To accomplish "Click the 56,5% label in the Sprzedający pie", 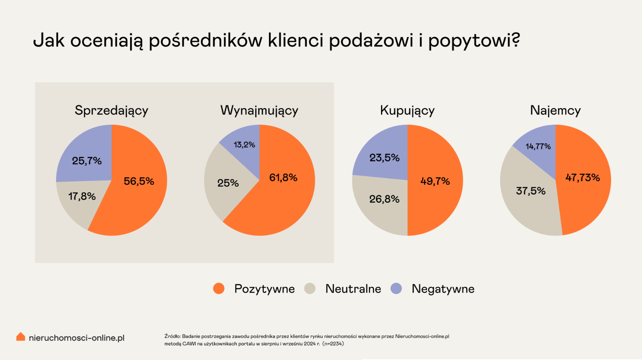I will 139,181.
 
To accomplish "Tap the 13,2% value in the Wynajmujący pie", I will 244,145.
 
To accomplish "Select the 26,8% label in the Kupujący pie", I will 384,199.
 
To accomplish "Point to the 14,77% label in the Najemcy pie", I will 538,146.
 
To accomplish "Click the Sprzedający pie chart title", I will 111,110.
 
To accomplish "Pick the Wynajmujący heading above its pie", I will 259,110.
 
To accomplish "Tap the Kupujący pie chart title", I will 407,110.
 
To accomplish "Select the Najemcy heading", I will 555,110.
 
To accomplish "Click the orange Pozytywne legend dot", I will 219,289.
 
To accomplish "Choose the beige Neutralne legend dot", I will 310,289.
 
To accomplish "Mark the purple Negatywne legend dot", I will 396,289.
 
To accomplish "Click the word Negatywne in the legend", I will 443,289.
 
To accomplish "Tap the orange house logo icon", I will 20,337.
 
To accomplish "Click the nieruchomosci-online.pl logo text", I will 77,338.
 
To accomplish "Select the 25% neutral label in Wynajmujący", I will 228,183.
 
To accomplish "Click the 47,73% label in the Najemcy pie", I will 583,178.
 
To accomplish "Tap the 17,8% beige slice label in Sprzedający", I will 82,196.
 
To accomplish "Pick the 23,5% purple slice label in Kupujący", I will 384,158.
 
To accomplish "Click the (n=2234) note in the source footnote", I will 333,344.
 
